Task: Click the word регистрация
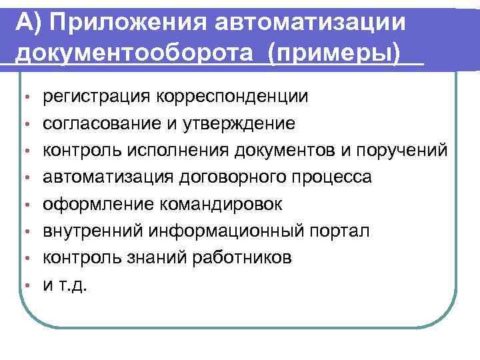click(96, 97)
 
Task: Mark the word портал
click(341, 231)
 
